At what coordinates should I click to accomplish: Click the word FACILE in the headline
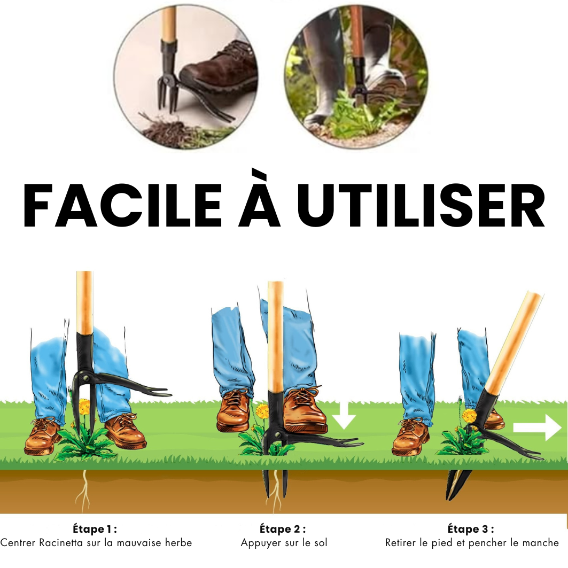[122, 205]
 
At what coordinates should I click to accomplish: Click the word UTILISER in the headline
[421, 205]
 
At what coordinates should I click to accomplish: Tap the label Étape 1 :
[95, 529]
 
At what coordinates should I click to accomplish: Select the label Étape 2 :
[283, 529]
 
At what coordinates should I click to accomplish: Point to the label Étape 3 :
[471, 529]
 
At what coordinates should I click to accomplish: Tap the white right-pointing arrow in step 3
[538, 427]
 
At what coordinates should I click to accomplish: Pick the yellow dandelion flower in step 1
[84, 406]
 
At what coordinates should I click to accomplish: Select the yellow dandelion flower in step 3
[469, 416]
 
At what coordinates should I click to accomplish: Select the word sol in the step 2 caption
[321, 543]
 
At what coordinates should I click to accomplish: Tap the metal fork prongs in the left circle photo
[167, 94]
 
